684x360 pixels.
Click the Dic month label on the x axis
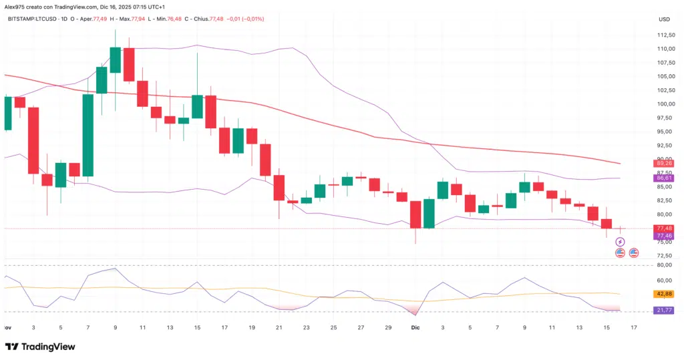pos(415,327)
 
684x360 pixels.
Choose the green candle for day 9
pos(115,60)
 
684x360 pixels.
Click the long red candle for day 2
pos(33,140)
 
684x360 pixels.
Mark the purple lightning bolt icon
pos(619,241)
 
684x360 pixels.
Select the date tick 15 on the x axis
pos(605,327)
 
